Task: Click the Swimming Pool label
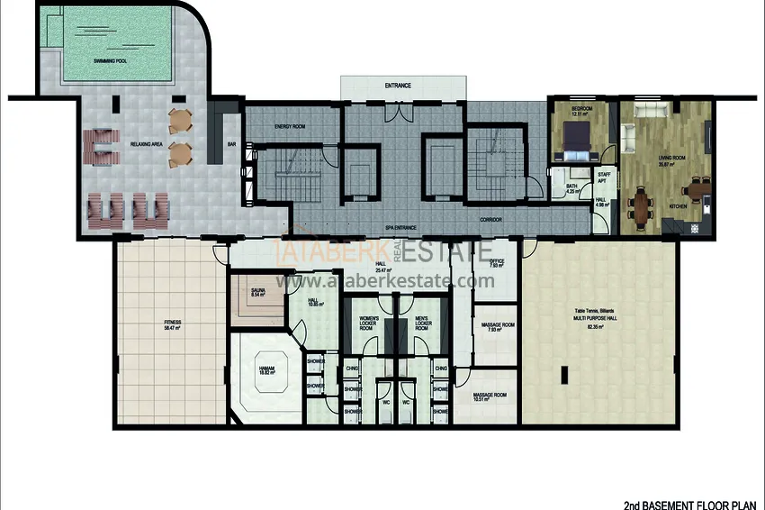click(111, 60)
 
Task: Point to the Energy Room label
click(290, 127)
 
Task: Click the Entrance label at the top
click(398, 86)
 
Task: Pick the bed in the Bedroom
click(576, 138)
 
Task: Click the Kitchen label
click(679, 206)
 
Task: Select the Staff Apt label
click(604, 178)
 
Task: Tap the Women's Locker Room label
click(369, 323)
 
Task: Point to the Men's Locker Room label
click(420, 323)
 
